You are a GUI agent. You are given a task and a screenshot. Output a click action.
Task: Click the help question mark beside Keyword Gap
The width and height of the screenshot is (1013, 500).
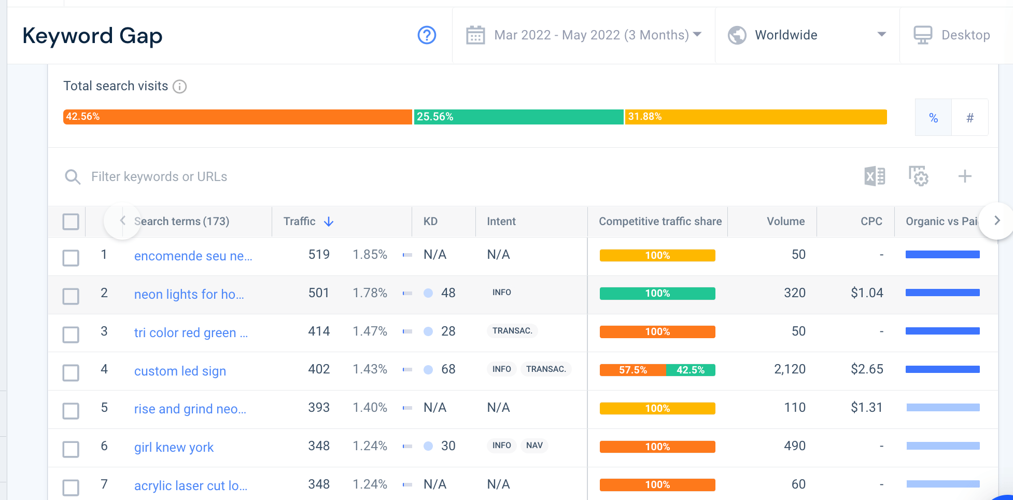[x=427, y=35]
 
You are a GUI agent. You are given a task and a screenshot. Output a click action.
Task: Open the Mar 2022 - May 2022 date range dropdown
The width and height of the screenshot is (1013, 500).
[x=583, y=35]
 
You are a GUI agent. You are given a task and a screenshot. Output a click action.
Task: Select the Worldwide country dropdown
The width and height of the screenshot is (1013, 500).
[x=807, y=35]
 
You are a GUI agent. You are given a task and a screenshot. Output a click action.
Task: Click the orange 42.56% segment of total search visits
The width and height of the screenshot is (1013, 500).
[x=237, y=117]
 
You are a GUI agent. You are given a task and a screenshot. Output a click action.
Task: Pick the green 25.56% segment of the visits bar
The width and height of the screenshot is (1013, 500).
[x=518, y=117]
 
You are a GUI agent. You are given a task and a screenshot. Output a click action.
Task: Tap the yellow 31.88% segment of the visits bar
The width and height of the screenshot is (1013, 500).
[x=756, y=117]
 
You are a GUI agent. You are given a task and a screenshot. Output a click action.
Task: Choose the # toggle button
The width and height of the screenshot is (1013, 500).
[x=970, y=118]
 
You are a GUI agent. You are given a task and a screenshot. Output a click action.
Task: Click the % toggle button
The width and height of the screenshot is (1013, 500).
[x=934, y=118]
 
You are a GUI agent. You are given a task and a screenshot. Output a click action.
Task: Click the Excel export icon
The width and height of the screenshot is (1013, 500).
[x=875, y=176]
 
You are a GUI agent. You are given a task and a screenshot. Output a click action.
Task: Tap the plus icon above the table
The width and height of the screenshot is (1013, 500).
[x=965, y=176]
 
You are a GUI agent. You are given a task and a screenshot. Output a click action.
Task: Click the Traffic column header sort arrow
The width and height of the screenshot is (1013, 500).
[x=329, y=221]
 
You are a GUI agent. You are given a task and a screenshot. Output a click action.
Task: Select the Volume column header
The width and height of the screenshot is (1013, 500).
[x=786, y=221]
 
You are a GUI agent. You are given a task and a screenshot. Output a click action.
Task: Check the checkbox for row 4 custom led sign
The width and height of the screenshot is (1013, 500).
[x=71, y=372]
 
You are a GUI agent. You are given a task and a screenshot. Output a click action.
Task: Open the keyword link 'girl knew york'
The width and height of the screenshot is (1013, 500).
[x=174, y=447]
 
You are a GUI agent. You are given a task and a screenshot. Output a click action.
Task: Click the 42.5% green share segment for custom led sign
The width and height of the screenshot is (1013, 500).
[x=691, y=370]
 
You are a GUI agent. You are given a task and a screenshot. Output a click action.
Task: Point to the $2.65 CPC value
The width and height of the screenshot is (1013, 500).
[x=867, y=369]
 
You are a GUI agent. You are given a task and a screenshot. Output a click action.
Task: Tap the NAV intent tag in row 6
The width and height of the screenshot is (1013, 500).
[x=534, y=446]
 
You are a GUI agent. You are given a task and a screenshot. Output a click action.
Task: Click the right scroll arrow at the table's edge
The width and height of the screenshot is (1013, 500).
[x=997, y=221]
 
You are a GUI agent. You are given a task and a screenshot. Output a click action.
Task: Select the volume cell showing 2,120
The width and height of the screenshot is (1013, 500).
[x=790, y=369]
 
